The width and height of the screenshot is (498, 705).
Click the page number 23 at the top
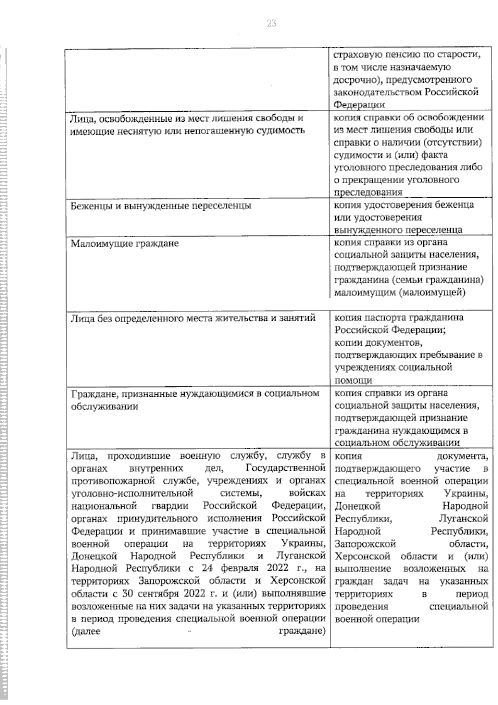click(271, 23)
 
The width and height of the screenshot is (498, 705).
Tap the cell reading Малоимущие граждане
click(124, 243)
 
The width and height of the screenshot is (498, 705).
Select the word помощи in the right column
click(353, 380)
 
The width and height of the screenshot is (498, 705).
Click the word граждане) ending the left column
click(301, 631)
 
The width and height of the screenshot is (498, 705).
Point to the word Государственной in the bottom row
click(285, 468)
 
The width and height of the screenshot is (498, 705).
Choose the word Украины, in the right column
click(467, 494)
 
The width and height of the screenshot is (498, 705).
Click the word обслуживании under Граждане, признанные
click(105, 406)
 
